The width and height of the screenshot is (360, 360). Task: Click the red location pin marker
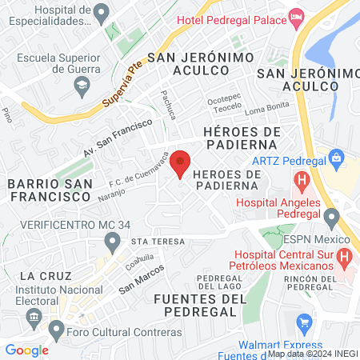point(181,163)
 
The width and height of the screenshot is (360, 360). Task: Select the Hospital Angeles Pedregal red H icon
point(302,182)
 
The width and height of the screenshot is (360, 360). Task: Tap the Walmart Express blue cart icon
point(303,324)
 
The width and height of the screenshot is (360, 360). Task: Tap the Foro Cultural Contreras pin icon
point(56,330)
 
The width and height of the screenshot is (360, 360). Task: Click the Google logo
point(26,350)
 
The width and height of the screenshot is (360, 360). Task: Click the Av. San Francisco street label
point(118,137)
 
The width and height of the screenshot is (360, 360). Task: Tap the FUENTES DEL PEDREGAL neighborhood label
point(196,305)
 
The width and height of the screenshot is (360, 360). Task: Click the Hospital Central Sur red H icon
point(343,258)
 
